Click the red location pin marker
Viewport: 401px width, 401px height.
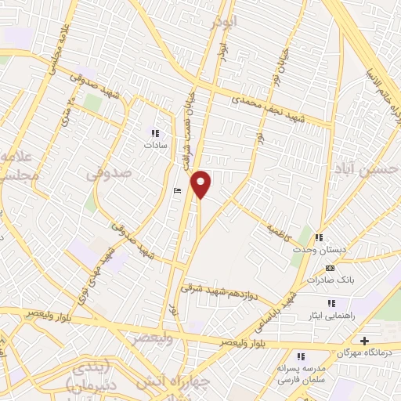click(x=201, y=184)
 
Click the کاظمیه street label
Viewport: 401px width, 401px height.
click(x=278, y=229)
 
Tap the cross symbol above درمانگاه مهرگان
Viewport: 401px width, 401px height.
click(x=363, y=341)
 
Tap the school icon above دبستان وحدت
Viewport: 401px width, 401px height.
click(x=320, y=237)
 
